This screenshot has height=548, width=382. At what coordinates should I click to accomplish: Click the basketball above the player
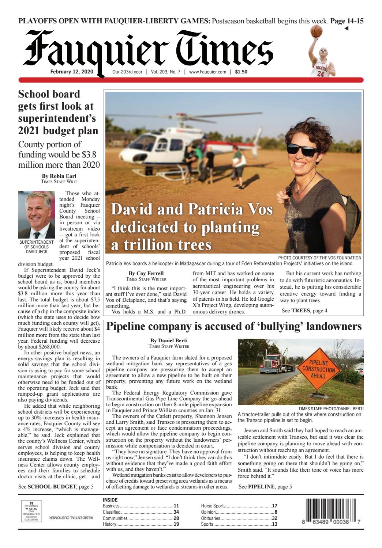(317, 32)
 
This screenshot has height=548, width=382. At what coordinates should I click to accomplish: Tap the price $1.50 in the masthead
(241, 72)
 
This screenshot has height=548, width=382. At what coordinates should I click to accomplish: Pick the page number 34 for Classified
(176, 512)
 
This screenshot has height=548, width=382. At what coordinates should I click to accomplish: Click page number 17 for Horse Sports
(274, 506)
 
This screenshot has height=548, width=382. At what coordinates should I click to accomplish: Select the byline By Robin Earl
(59, 176)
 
